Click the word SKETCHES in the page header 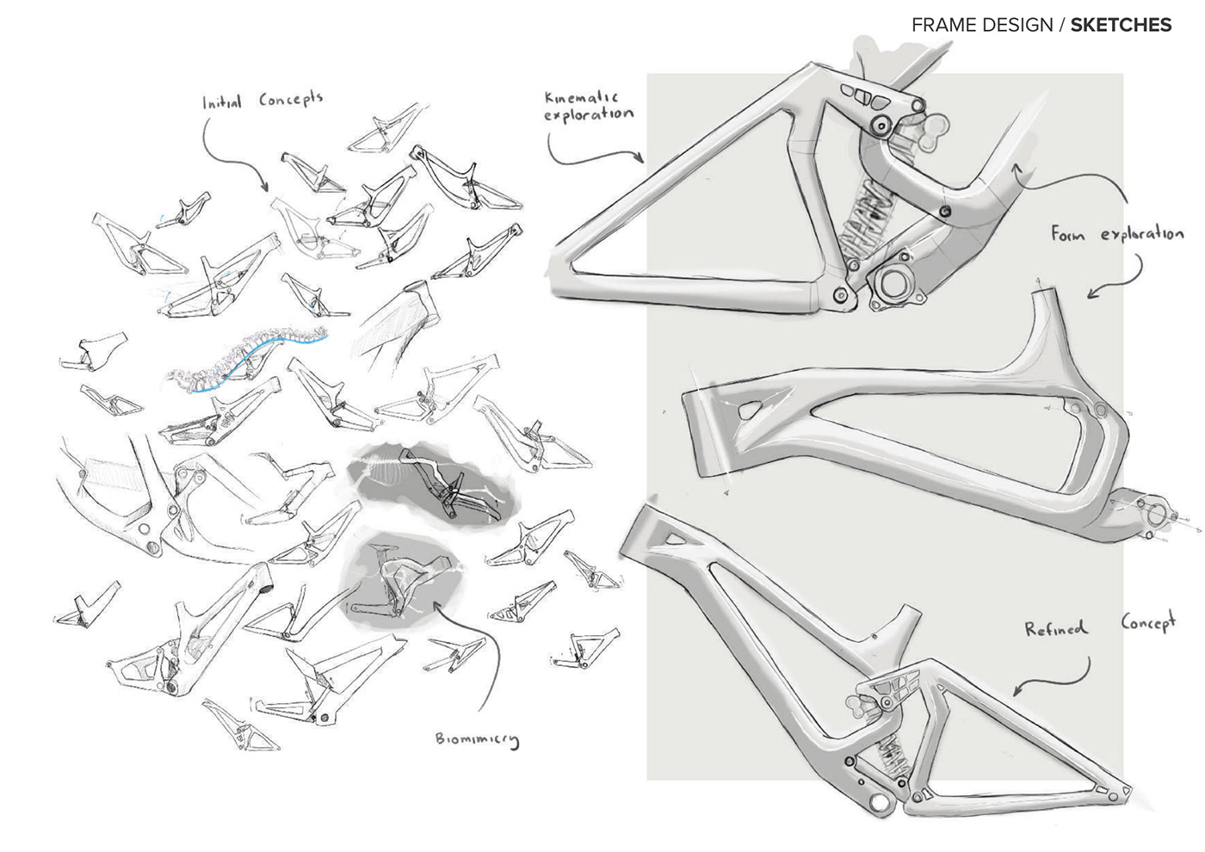click(x=1121, y=25)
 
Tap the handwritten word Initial click(x=222, y=102)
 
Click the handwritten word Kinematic click(x=582, y=97)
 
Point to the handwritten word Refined click(x=1055, y=629)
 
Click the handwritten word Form click(x=1068, y=233)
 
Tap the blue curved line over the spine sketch click(x=258, y=355)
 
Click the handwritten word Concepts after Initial click(x=291, y=99)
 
